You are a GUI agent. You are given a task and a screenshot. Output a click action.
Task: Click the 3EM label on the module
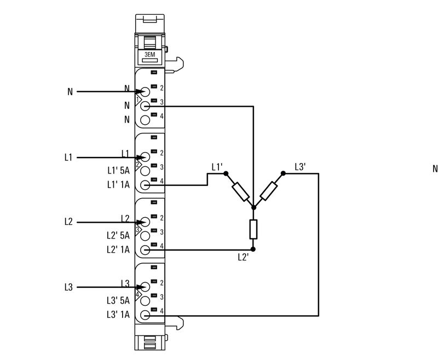click(150, 56)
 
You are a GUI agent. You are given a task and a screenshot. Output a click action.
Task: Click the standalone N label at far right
click(435, 169)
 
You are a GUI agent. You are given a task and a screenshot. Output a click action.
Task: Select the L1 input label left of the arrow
click(68, 158)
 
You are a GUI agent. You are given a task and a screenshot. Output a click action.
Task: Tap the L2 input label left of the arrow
click(68, 222)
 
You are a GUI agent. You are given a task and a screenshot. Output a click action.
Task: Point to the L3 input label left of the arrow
click(68, 287)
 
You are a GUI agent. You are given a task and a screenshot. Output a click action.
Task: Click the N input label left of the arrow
click(70, 92)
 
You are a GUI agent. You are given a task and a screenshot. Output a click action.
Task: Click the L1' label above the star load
click(217, 166)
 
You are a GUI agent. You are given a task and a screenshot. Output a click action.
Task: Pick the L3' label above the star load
click(300, 166)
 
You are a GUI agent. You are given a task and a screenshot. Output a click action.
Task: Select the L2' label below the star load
click(244, 256)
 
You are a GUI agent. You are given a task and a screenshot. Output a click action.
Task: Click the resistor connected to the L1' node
click(240, 191)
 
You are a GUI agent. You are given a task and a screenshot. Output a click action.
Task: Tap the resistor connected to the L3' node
click(268, 191)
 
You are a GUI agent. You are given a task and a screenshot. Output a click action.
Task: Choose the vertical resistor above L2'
click(253, 229)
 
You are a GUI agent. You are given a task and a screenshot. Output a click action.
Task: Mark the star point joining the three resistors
click(253, 208)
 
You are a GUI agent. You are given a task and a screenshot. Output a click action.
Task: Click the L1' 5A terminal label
click(118, 171)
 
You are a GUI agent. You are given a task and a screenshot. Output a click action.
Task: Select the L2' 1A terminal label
click(118, 249)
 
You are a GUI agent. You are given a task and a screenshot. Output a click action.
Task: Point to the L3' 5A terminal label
click(118, 300)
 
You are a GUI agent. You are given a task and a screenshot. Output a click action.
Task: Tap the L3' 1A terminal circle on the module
click(145, 315)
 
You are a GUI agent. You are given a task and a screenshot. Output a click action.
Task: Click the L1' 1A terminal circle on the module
click(145, 185)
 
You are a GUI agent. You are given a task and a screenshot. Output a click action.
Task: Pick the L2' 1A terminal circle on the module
click(145, 250)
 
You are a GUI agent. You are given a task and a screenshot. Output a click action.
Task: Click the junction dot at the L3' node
click(283, 173)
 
